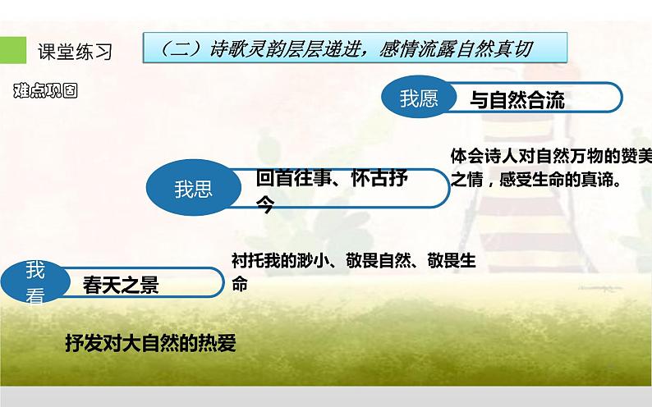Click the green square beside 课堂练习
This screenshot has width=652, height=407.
tap(11, 50)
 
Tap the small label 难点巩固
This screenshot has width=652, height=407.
tap(45, 91)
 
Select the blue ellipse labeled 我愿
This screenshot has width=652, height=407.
tap(419, 99)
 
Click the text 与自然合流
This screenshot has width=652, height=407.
tap(517, 101)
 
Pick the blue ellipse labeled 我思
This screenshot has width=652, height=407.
tap(193, 190)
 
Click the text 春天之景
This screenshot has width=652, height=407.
tap(121, 285)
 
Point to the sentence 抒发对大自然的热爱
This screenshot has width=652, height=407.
tap(150, 343)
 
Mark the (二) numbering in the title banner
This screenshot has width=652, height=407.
tap(175, 48)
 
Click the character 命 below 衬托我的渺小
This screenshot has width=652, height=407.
tap(239, 285)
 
